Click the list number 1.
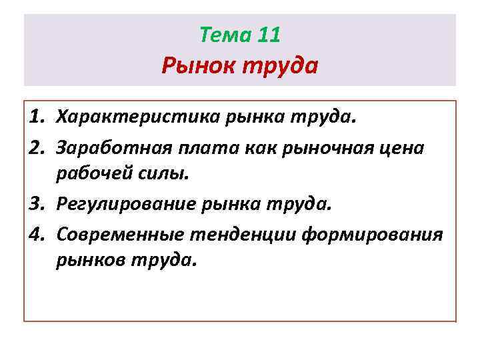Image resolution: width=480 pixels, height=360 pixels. [x=37, y=118]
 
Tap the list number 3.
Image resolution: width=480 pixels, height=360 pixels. [x=37, y=203]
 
